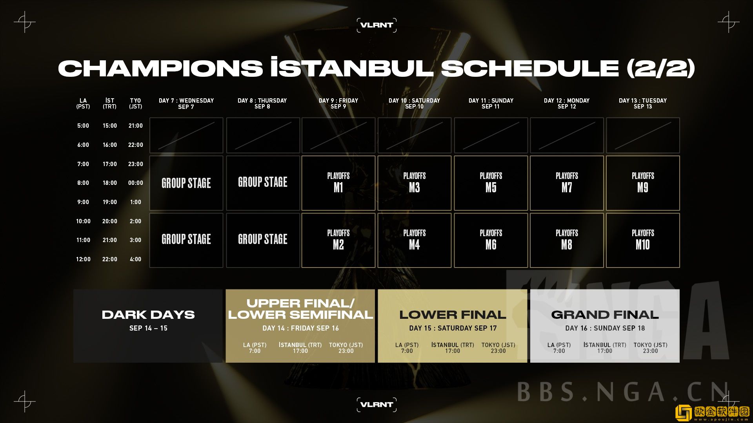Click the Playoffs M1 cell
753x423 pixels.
(338, 183)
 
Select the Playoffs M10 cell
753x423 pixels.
(643, 240)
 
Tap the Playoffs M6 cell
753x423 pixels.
(491, 240)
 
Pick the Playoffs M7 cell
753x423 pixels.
(567, 183)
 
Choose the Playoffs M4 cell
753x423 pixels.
(415, 240)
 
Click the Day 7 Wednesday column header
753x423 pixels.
(186, 103)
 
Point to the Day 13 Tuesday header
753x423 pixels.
(643, 103)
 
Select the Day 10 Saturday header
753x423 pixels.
(415, 103)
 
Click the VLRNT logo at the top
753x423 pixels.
(376, 25)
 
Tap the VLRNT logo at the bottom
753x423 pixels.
(376, 405)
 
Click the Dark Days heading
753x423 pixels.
(148, 315)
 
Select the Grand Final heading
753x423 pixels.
(605, 315)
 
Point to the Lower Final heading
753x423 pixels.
(453, 315)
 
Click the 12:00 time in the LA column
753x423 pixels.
(83, 259)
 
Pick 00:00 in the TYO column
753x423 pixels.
(136, 183)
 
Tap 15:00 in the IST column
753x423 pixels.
(110, 126)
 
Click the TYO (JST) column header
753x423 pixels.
(135, 103)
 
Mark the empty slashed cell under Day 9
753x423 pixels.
(338, 135)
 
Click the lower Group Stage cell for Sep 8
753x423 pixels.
(263, 240)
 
